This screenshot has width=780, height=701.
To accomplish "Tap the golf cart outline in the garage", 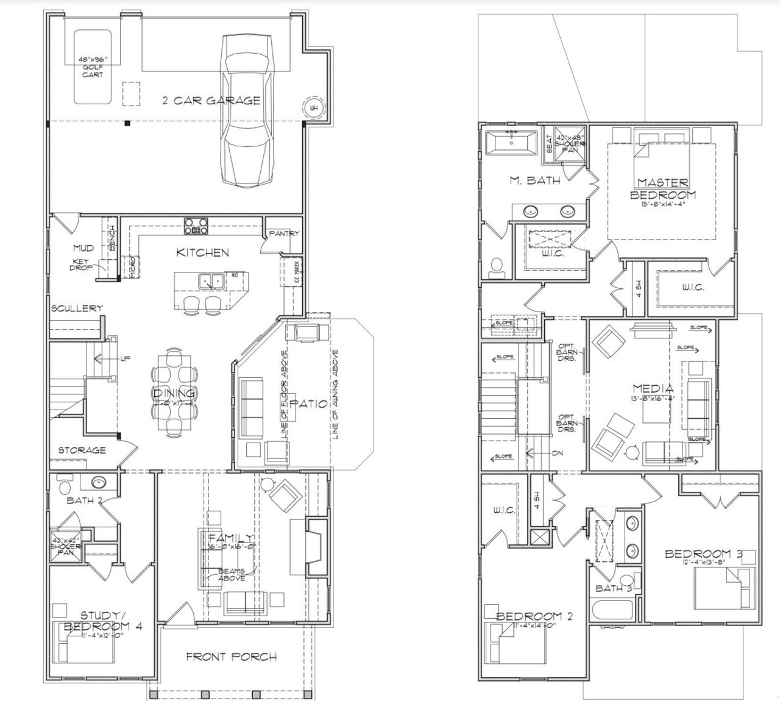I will point(93,66).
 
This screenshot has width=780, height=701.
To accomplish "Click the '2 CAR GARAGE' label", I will point(211,101).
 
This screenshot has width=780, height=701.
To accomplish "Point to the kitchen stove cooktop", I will point(196,226).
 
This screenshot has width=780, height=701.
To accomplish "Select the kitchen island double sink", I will point(211,281).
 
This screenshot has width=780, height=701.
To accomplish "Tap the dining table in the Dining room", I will point(174,393).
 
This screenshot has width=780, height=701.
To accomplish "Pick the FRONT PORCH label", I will point(231,657).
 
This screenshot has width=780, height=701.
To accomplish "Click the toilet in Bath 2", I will point(65,486).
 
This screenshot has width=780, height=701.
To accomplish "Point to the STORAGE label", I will point(82,450).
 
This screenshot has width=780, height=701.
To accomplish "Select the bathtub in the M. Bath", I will point(511,143).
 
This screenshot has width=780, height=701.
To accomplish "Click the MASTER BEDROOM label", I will point(663,188).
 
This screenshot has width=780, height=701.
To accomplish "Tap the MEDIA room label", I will point(653,388).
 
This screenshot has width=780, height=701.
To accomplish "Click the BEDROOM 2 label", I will point(534,616).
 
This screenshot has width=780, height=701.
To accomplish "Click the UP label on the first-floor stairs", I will point(125,358).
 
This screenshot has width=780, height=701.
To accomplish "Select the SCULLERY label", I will point(77,308).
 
